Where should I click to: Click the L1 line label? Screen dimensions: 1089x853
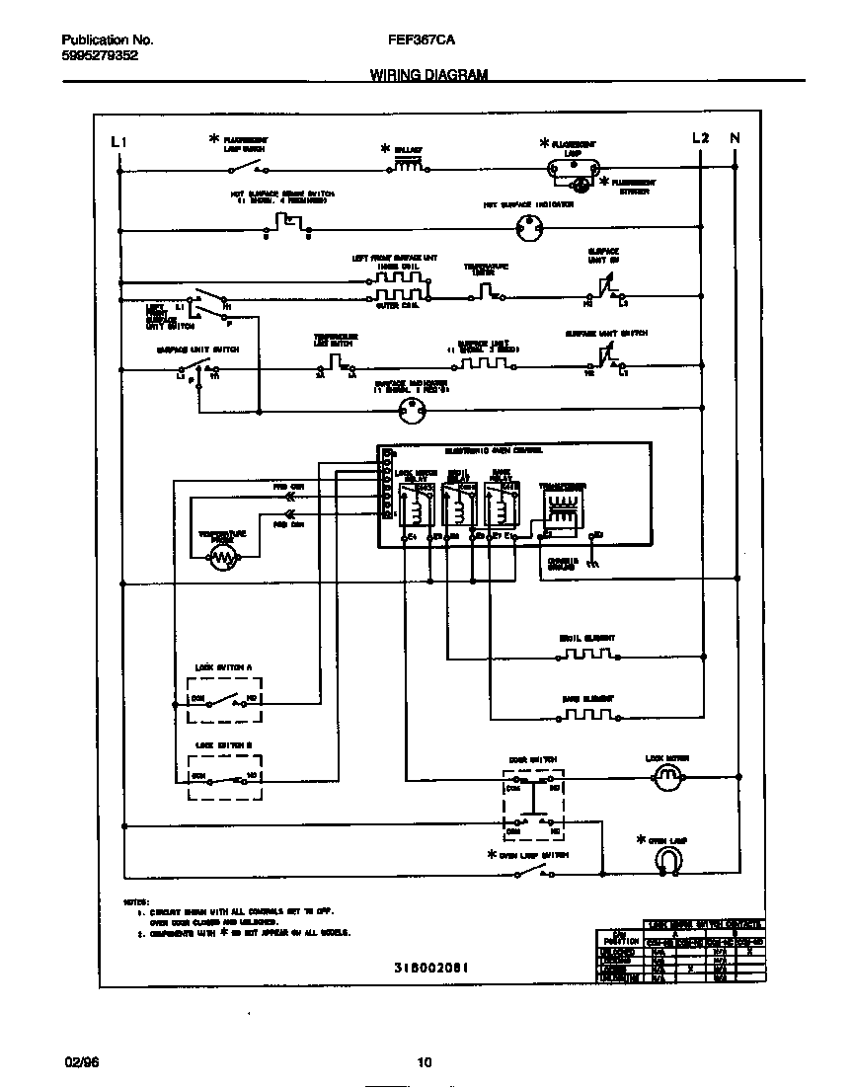[x=119, y=140]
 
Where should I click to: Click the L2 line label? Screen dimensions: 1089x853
[x=700, y=138]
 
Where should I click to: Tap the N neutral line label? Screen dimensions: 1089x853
[x=735, y=138]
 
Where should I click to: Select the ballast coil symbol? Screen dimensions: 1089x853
[x=410, y=167]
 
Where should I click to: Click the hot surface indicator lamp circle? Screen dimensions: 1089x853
[x=531, y=230]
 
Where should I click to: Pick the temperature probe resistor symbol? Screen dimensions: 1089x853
[x=225, y=560]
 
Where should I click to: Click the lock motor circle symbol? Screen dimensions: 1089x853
[x=668, y=780]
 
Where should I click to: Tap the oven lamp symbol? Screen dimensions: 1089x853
[x=668, y=862]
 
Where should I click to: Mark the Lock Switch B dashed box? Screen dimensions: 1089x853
[x=225, y=776]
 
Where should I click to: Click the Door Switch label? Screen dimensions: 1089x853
[x=532, y=759]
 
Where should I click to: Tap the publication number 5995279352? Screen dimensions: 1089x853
[x=100, y=56]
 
